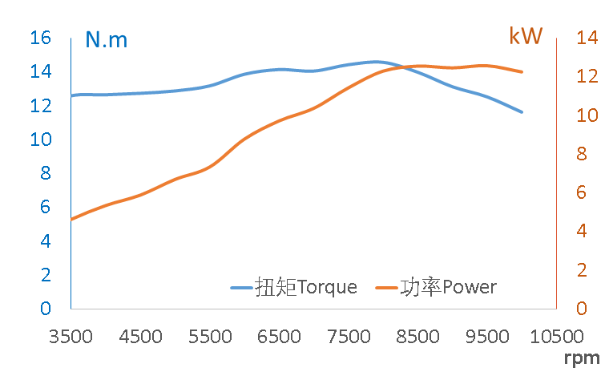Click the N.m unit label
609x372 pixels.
point(106,39)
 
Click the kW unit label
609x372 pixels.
point(526,36)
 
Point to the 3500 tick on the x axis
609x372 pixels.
point(71,336)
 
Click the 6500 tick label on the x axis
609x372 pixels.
point(279,336)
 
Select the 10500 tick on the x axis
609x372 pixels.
point(556,336)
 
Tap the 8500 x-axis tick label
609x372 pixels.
point(417,336)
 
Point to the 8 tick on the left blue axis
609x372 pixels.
point(46,173)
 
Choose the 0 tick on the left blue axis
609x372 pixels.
point(46,309)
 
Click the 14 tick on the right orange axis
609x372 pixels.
point(587,38)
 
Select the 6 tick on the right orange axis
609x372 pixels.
point(582,192)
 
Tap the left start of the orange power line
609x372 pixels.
point(72,219)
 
